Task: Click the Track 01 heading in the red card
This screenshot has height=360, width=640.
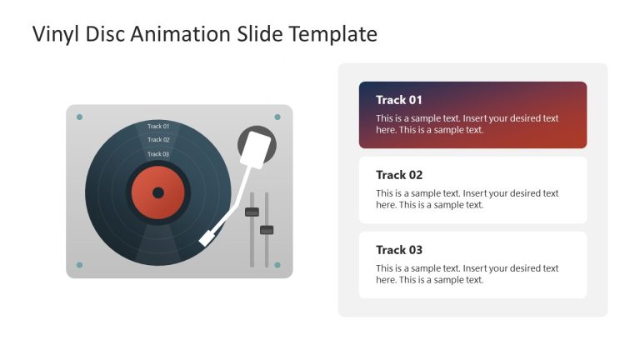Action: pyautogui.click(x=399, y=100)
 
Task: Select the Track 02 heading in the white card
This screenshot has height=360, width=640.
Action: pyautogui.click(x=399, y=175)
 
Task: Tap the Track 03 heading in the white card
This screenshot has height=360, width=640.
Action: pyautogui.click(x=399, y=250)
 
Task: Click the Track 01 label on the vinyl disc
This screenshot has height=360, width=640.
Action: pyautogui.click(x=158, y=127)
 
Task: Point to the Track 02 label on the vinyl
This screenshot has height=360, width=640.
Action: pyautogui.click(x=158, y=140)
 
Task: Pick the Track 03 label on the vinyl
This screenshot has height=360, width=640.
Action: pyautogui.click(x=158, y=154)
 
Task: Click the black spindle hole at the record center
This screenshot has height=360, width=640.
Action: pyautogui.click(x=158, y=192)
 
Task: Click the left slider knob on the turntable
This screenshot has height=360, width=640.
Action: pyautogui.click(x=252, y=212)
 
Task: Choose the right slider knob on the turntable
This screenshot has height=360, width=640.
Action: pyautogui.click(x=267, y=229)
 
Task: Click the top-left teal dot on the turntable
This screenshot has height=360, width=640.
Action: pyautogui.click(x=79, y=117)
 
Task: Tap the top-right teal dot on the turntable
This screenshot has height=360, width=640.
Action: pyautogui.click(x=277, y=117)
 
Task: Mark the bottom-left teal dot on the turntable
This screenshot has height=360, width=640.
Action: pyautogui.click(x=79, y=265)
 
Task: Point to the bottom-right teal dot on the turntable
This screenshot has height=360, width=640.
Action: pyautogui.click(x=277, y=265)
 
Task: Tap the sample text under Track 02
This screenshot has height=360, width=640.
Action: pyautogui.click(x=467, y=199)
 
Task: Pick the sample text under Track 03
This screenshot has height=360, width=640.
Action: pyautogui.click(x=467, y=274)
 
